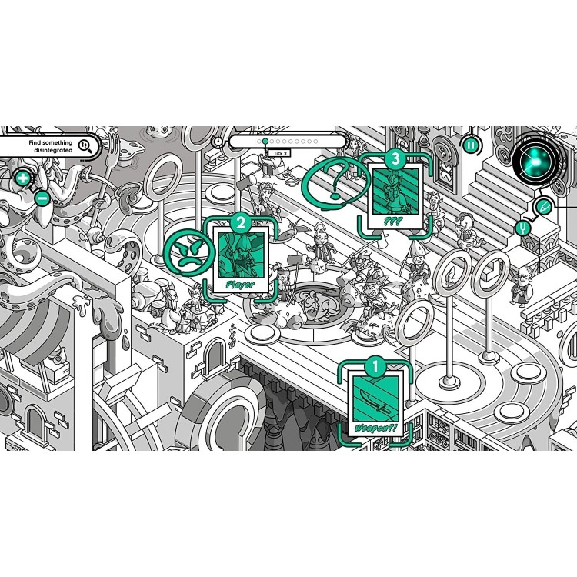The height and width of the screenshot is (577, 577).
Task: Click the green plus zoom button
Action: pos(23,179)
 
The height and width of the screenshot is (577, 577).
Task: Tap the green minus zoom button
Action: pos(42,198)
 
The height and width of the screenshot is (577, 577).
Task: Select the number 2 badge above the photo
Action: pos(241,224)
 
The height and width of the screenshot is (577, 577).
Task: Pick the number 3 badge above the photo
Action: pos(395,159)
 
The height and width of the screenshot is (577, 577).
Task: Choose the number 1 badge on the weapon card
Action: pos(375,367)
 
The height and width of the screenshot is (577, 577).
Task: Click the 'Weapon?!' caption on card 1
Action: pos(375,426)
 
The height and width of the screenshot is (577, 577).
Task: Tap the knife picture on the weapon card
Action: pos(375,399)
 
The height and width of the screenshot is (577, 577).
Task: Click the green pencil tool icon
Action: pos(543,205)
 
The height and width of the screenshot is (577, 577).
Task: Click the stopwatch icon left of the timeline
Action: pos(218,142)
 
